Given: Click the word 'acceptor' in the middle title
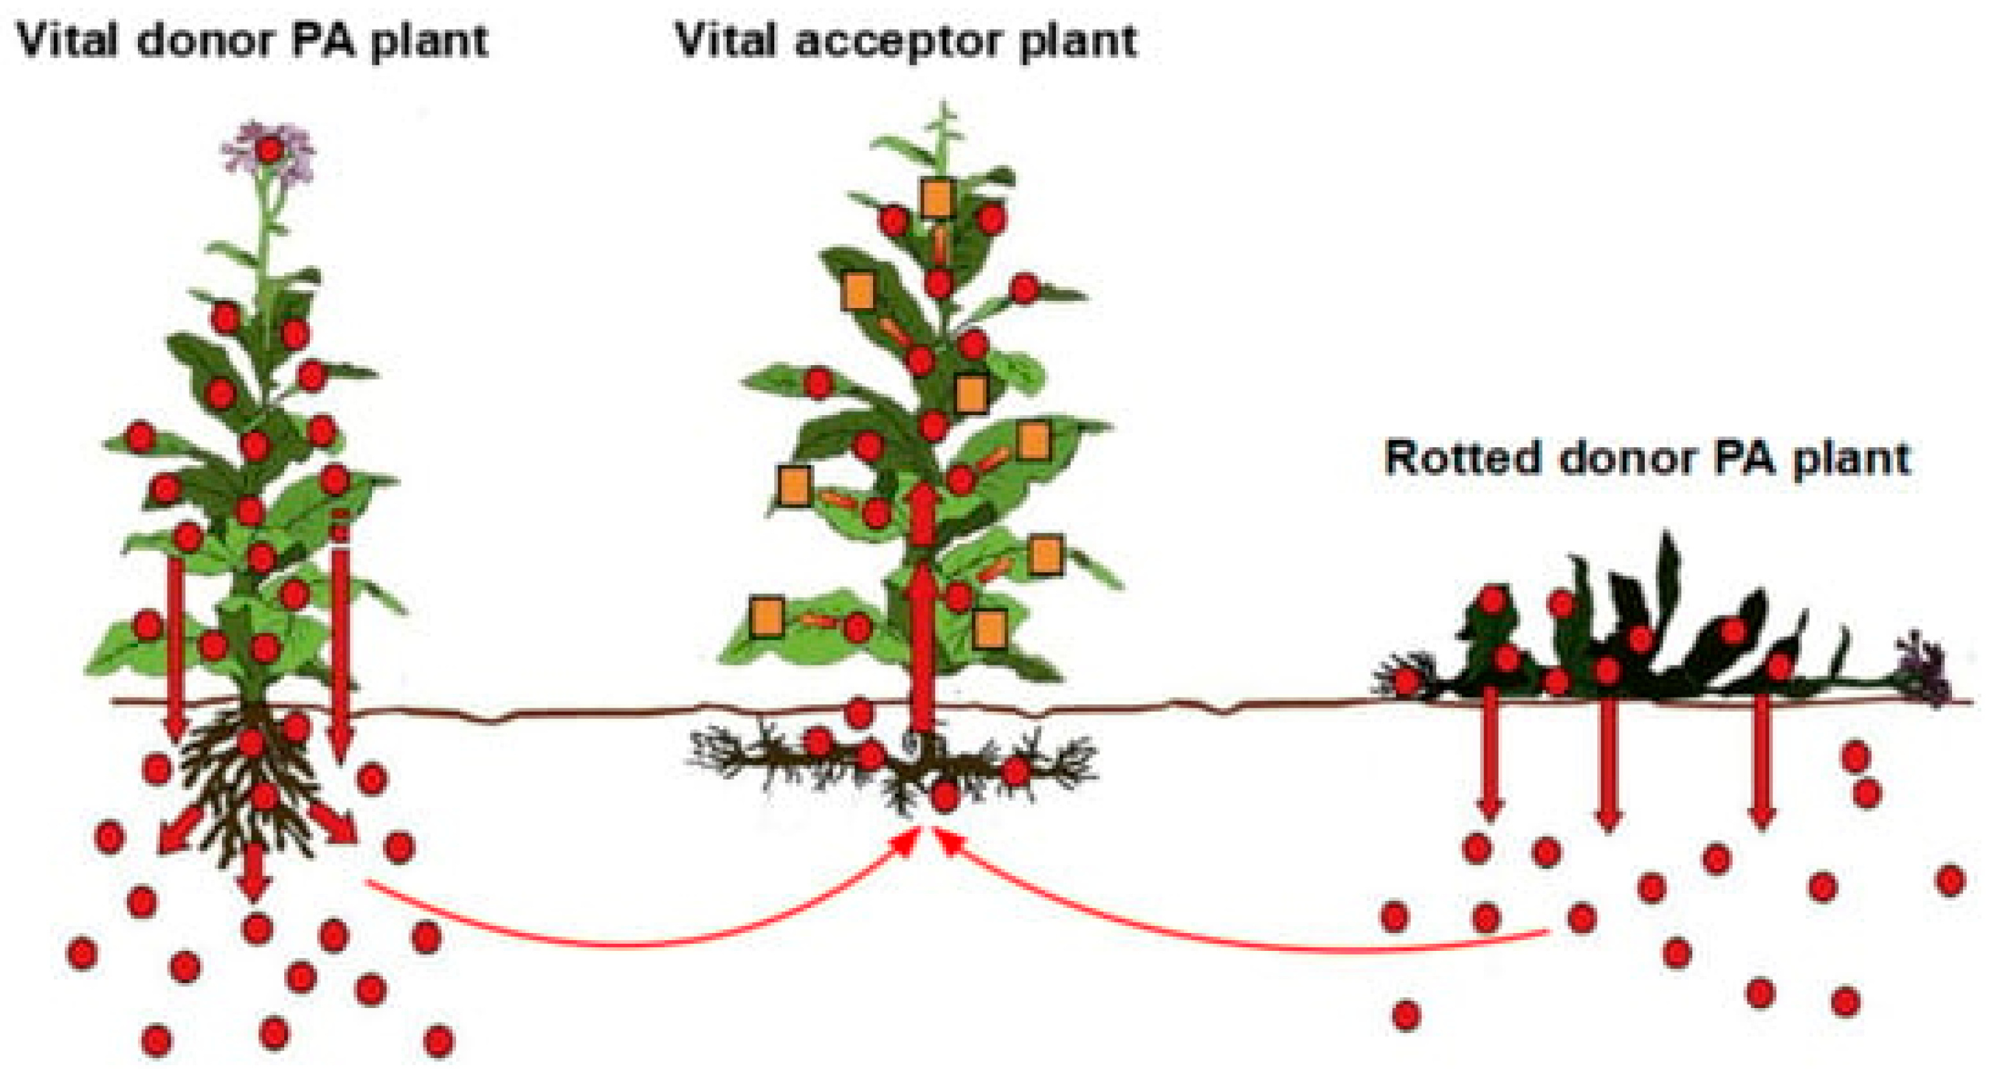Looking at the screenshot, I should (x=898, y=40).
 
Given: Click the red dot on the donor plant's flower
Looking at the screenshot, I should (x=269, y=150).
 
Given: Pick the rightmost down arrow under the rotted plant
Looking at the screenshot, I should (x=1762, y=759).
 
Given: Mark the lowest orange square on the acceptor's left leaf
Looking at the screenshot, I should (x=767, y=617).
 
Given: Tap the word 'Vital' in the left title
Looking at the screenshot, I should (x=68, y=40).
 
